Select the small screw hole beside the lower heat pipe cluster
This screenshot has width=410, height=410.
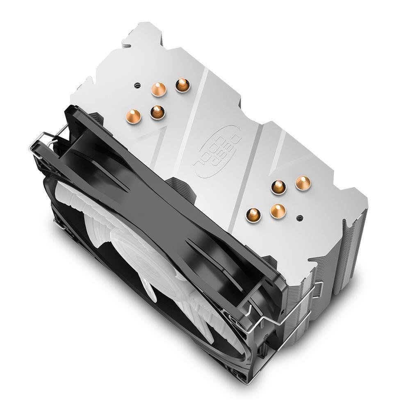coord(301,217)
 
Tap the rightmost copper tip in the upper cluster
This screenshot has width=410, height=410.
coord(181,84)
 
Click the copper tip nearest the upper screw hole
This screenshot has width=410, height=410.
coord(158,89)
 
